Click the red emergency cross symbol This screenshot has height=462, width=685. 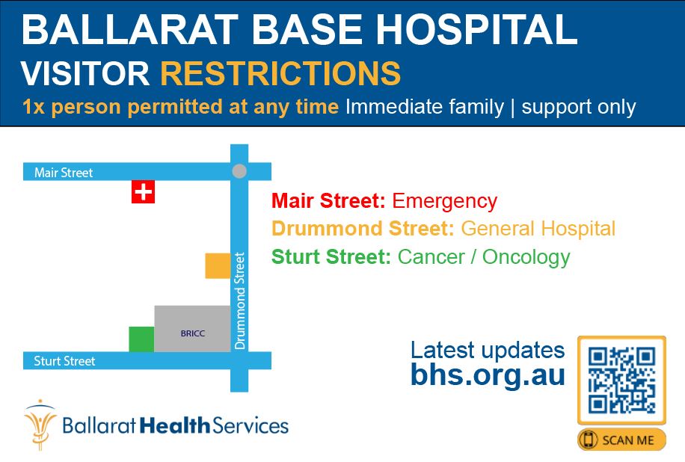pyautogui.click(x=143, y=191)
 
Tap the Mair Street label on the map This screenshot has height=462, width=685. pyautogui.click(x=64, y=173)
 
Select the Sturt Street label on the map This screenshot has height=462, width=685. pyautogui.click(x=64, y=361)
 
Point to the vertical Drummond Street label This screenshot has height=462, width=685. pyautogui.click(x=240, y=301)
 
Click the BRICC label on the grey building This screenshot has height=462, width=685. pyautogui.click(x=193, y=333)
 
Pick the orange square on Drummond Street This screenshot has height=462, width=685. pyautogui.click(x=218, y=265)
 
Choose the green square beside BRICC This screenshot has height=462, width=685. pyautogui.click(x=141, y=339)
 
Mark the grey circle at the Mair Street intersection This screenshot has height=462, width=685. pyautogui.click(x=239, y=171)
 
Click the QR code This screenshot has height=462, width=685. pyautogui.click(x=621, y=380)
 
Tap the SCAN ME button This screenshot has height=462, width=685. pyautogui.click(x=621, y=440)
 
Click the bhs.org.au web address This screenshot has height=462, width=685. pyautogui.click(x=488, y=375)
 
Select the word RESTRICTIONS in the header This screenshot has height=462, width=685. pyautogui.click(x=280, y=73)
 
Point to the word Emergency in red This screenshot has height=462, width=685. pyautogui.click(x=445, y=201)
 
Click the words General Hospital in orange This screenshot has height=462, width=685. pyautogui.click(x=538, y=228)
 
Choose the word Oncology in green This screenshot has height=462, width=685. pyautogui.click(x=526, y=257)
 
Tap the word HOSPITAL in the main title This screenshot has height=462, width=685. pyautogui.click(x=476, y=29)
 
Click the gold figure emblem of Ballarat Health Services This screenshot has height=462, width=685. pyautogui.click(x=40, y=425)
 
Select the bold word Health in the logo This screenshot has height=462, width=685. pyautogui.click(x=175, y=425)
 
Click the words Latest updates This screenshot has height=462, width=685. pyautogui.click(x=488, y=350)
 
